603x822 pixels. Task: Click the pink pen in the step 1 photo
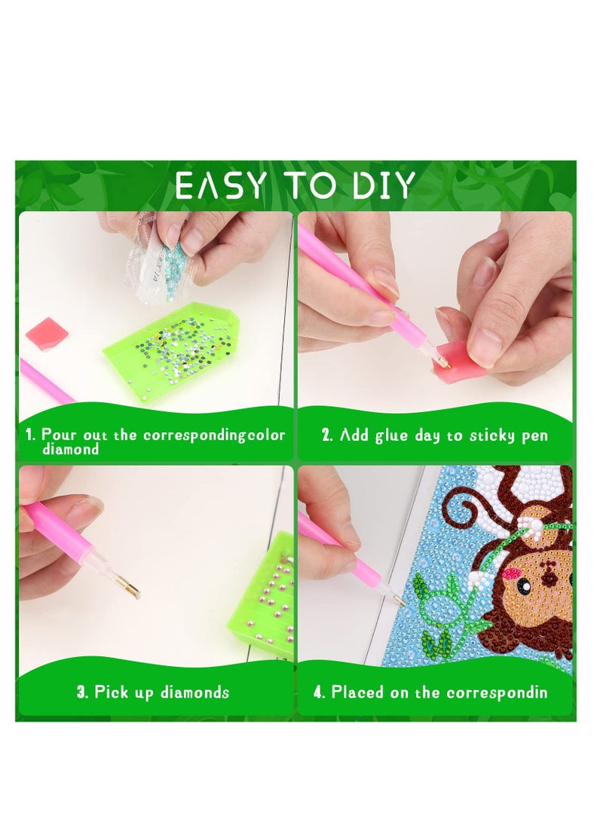click(x=45, y=381)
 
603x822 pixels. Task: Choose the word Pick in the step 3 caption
click(x=111, y=692)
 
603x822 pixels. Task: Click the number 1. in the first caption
click(x=31, y=435)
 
